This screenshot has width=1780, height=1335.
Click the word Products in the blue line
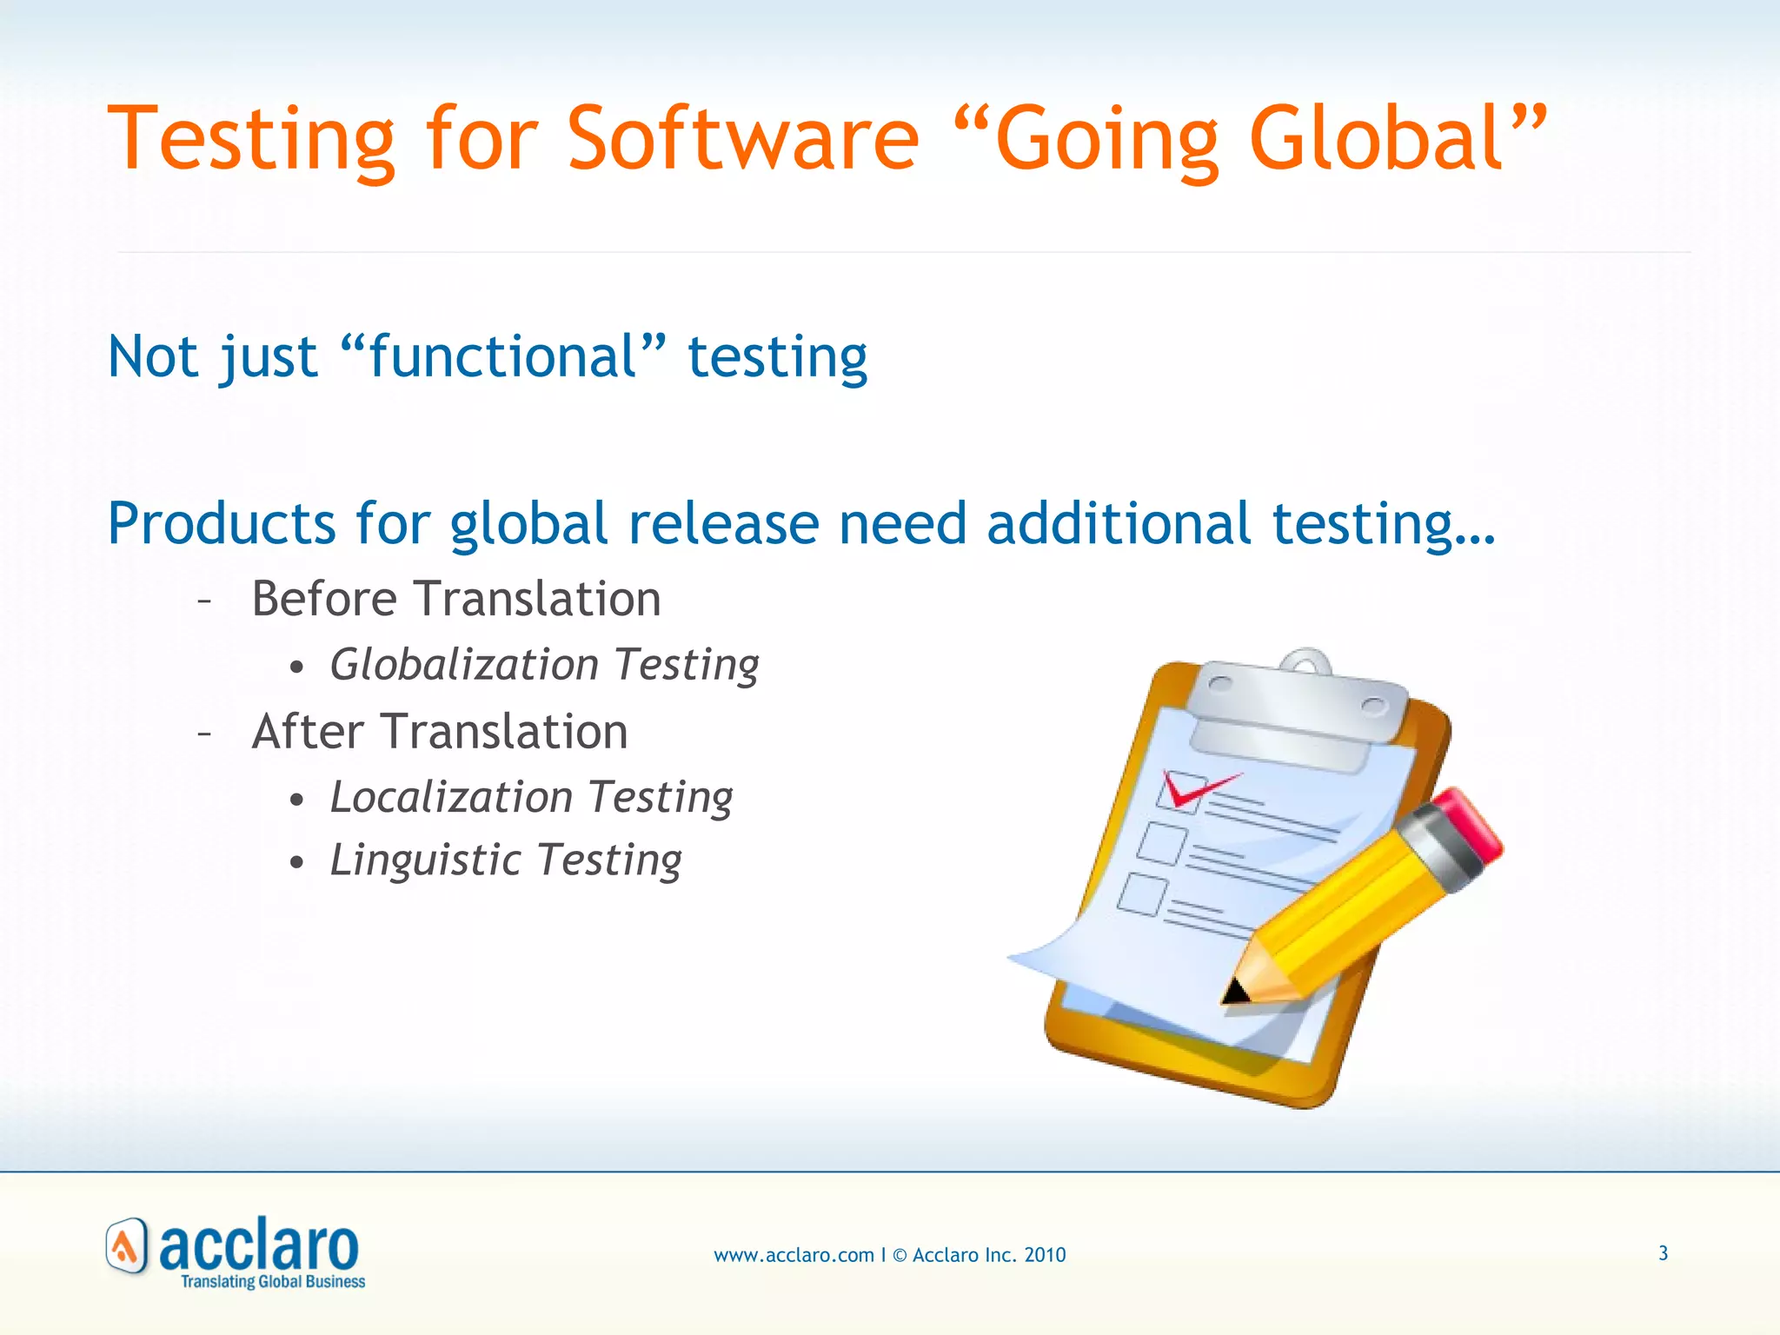[221, 524]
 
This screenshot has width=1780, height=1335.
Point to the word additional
[1119, 524]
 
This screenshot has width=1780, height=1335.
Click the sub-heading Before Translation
[456, 599]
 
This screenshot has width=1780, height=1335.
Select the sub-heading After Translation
[440, 731]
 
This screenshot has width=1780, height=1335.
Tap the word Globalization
[464, 665]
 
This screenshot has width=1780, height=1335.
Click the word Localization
[451, 797]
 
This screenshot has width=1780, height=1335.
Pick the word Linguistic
[425, 860]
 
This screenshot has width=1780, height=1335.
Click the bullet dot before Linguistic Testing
[297, 863]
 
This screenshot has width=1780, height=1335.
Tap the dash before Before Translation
[205, 601]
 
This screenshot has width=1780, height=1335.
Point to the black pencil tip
[1233, 992]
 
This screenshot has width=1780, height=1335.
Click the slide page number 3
[1663, 1253]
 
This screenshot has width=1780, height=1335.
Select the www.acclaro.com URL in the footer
[794, 1255]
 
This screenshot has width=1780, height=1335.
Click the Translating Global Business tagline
[273, 1281]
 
